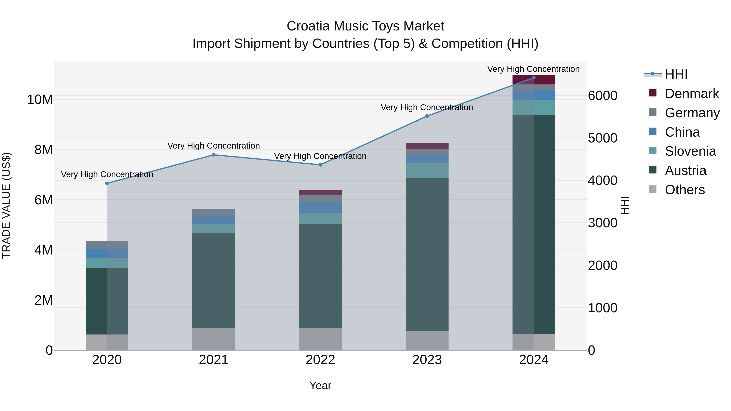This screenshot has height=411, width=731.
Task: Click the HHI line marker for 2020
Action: [107, 183]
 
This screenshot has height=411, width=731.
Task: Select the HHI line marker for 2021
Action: [214, 155]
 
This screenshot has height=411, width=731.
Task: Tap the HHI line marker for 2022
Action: [320, 165]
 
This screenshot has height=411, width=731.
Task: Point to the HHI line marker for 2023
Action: [427, 116]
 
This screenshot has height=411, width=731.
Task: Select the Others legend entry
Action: [684, 190]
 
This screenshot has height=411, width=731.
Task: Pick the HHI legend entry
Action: [676, 74]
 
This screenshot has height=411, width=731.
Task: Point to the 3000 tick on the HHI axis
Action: [602, 223]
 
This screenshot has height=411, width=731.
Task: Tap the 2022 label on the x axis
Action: [320, 360]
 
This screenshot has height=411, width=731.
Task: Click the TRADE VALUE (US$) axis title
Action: [6, 205]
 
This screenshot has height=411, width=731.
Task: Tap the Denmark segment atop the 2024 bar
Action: [534, 80]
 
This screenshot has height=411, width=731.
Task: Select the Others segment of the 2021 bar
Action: [214, 339]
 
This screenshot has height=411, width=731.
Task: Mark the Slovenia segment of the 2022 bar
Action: [320, 218]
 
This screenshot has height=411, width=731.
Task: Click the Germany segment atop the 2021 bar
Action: [214, 212]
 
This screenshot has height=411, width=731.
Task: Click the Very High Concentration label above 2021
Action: [214, 146]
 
